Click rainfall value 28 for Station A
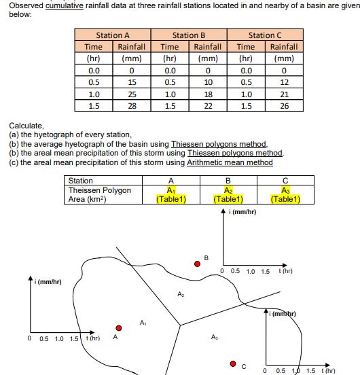point(132,106)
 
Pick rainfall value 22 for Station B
point(208,106)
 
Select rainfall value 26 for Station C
point(284,106)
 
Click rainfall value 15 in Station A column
point(132,82)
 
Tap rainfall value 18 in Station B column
point(208,94)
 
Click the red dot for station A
point(118,327)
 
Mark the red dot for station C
point(233,364)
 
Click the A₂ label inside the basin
point(181,293)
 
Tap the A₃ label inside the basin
point(215,337)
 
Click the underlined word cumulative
point(63,6)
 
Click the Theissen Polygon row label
point(100,191)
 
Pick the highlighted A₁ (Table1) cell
point(170,195)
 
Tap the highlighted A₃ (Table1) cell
point(285,195)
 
